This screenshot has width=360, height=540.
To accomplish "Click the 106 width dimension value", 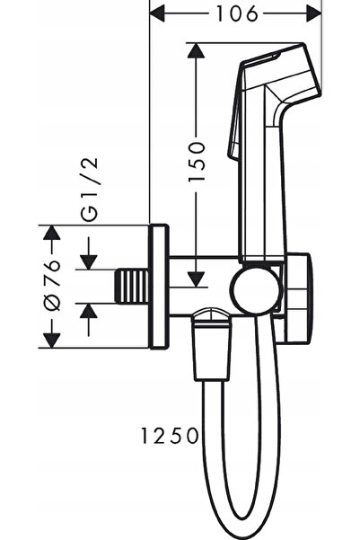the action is pos(237,14).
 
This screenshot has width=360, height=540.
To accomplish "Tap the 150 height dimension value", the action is pos(197,161).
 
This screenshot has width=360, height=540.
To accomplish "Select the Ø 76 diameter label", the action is pos(52,285).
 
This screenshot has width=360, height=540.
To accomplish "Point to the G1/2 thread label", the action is pos(90,189).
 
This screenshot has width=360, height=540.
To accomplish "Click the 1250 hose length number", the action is pos(170,435).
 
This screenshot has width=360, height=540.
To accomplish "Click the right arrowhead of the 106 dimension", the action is pos(313,14).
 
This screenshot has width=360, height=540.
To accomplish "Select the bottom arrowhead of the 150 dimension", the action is pos(197,279).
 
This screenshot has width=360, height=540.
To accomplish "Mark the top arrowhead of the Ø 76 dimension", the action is pos(52,233).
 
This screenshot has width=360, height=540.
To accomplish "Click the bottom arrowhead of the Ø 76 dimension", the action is pos(52,341).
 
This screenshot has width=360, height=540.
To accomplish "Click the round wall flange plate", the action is pos(159,287).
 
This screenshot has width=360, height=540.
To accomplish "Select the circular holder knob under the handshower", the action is pos(254,288).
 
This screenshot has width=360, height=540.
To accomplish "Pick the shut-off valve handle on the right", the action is pos(297,299).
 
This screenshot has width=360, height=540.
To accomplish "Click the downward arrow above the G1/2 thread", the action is pos(89,253).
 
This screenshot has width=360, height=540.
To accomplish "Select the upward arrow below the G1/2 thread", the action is pos(89,320).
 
